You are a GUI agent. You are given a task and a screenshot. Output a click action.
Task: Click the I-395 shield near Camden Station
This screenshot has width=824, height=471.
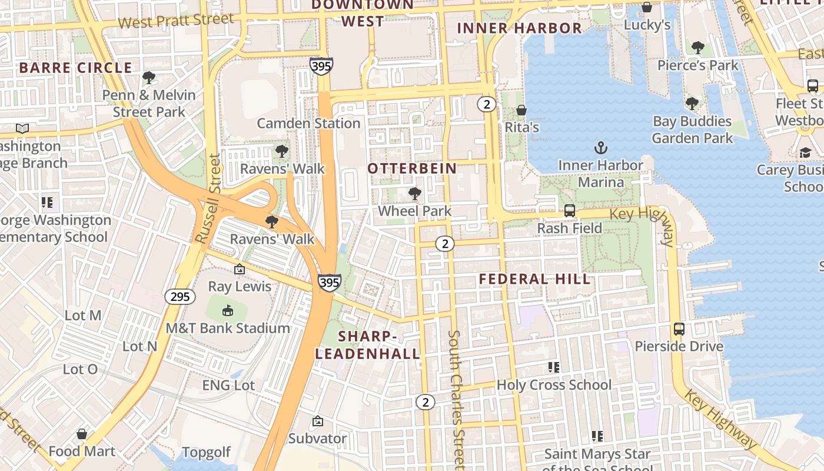coord(321,65)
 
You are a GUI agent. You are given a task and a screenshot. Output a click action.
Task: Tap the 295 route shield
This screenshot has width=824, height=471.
coord(180,296)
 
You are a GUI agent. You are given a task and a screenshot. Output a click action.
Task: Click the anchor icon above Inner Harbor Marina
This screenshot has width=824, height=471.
coord(600,148)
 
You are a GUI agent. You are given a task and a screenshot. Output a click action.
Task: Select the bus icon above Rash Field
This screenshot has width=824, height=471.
coord(569,210)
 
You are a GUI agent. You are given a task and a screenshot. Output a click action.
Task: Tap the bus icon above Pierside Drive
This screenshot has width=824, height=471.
coord(679,329)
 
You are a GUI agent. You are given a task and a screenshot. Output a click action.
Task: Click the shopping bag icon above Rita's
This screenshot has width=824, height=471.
coord(521,110)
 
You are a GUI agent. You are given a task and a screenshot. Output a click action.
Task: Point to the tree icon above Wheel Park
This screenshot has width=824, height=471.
coord(414,193)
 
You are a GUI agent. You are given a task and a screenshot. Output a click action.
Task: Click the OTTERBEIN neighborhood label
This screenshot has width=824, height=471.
coord(412,168)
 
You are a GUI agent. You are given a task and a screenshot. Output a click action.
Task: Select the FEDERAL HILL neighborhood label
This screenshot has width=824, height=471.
coord(534,279)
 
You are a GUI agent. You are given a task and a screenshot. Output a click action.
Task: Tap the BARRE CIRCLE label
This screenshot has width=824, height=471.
coord(75,68)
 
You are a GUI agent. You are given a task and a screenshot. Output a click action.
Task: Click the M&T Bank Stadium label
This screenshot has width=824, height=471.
coord(228,328)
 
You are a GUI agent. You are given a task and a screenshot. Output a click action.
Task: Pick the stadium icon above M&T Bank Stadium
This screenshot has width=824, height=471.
coord(228,310)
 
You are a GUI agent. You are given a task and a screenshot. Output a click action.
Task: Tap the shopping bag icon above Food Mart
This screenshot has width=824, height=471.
coord(82,434)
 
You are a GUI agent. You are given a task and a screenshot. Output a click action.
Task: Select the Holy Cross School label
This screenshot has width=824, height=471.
coord(554,385)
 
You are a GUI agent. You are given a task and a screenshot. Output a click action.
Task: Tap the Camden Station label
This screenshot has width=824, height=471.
coord(308,123)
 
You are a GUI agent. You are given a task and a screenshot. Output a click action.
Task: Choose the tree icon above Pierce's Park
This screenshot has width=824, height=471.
coord(697,47)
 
